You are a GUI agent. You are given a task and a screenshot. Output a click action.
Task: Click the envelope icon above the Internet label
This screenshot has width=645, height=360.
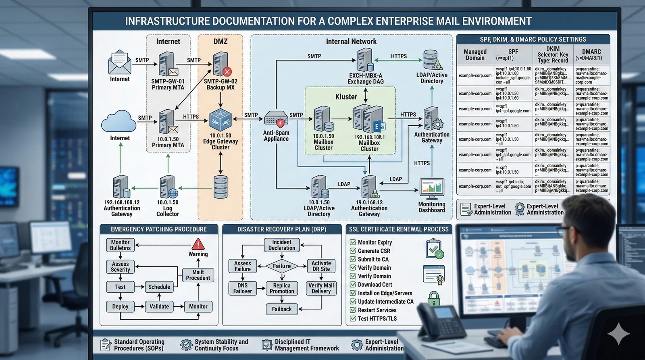point(120,62)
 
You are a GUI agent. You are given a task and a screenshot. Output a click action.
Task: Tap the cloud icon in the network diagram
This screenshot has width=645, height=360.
point(119,121)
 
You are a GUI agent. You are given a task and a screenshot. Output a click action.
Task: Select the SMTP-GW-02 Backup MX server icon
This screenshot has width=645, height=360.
point(221,65)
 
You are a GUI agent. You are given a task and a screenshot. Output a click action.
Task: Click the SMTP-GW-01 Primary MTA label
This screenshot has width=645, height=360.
point(168,84)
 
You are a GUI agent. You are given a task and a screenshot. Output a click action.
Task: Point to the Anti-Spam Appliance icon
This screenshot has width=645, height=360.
point(276,119)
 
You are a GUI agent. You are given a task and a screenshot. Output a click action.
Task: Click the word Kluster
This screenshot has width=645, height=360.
point(346,97)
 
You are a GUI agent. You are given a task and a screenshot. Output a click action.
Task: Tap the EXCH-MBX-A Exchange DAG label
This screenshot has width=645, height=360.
point(366,79)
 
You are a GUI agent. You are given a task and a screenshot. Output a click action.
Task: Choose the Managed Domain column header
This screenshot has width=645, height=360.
point(475,54)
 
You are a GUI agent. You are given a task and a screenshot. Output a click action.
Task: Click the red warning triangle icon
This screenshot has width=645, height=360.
point(198,244)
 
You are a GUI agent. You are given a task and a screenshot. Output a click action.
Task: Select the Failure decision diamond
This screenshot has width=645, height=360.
point(282,266)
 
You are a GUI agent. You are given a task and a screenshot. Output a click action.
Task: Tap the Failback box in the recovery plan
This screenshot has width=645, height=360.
point(282,309)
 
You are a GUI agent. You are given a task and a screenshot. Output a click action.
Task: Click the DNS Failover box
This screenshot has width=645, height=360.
point(242,288)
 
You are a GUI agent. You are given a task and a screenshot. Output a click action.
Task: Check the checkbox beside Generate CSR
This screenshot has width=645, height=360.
point(353,251)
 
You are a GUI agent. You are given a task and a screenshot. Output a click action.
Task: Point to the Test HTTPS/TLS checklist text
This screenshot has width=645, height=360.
point(377,318)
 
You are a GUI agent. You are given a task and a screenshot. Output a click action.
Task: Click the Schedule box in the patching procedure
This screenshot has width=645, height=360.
point(159,287)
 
